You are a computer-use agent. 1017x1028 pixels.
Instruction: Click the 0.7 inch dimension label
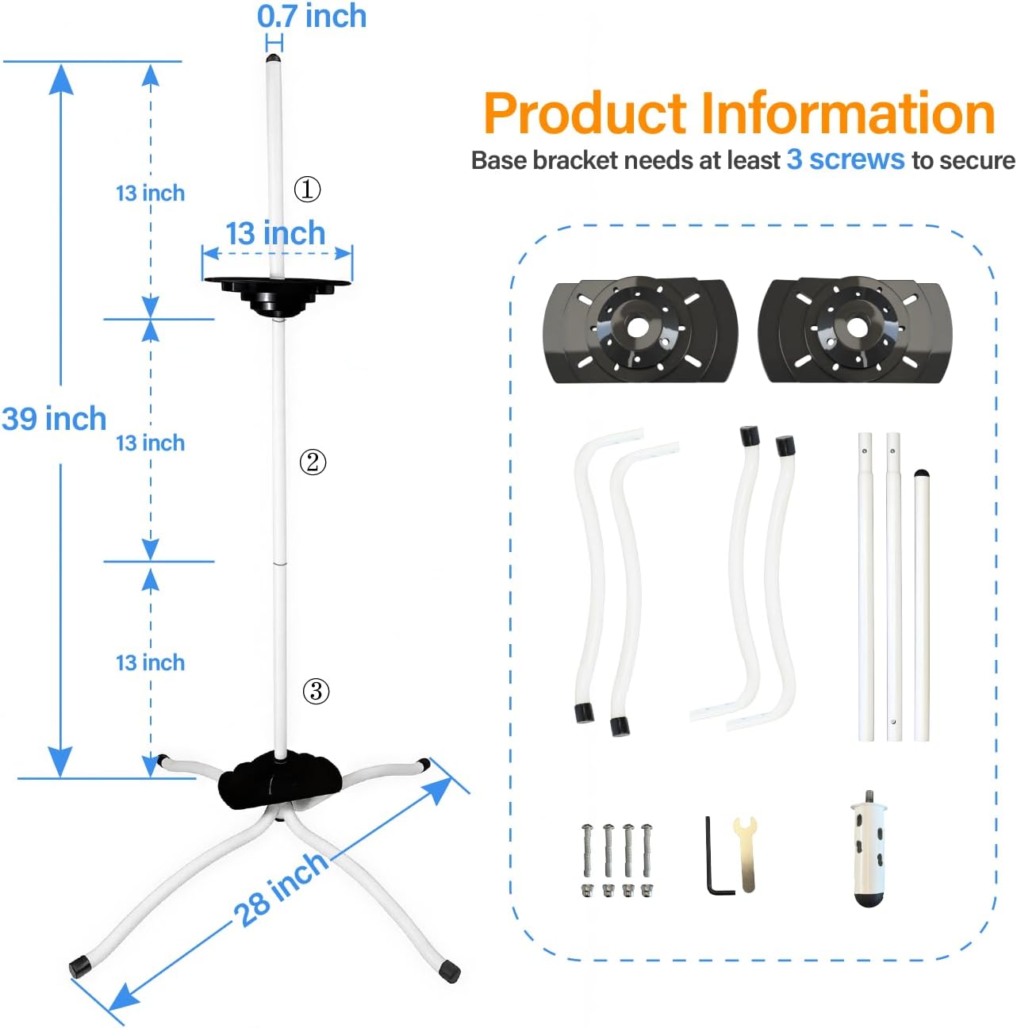312,17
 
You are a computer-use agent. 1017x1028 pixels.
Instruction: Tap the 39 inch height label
54,419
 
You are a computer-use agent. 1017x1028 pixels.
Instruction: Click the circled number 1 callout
307,189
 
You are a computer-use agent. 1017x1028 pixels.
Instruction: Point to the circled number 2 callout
313,462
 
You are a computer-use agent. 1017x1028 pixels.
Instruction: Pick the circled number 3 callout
316,691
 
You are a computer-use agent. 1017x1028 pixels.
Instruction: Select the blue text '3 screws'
845,160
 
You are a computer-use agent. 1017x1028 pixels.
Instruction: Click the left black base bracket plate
639,330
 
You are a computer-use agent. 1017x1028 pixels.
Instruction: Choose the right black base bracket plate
854,330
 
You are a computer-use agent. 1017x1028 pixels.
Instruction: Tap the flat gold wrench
746,853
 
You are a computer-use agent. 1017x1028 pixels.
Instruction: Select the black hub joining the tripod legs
279,780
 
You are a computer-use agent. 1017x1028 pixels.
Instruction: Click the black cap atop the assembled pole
273,59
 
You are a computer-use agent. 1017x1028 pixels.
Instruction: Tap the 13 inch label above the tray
275,233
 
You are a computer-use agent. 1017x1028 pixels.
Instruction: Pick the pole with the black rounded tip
922,603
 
